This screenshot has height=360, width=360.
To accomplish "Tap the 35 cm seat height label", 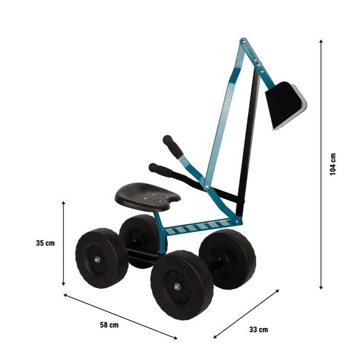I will coord(46,243).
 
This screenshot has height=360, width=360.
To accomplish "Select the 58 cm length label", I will coord(110,325).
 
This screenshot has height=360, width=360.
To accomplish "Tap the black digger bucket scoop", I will coord(284,105).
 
